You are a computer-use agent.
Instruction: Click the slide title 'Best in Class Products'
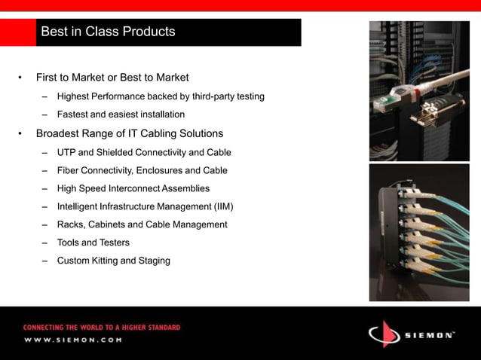pos(108,32)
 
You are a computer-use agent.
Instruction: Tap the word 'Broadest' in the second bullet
pos(60,134)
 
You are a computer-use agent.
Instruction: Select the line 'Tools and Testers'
pos(93,243)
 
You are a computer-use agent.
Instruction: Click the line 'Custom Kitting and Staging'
pos(114,261)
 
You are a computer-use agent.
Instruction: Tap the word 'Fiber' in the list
pos(69,170)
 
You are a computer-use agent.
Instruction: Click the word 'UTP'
pos(67,152)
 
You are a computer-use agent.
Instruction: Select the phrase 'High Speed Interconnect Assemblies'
pos(133,188)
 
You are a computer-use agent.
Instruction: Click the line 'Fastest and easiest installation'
pos(121,115)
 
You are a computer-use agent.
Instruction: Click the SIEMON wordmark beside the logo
pos(428,334)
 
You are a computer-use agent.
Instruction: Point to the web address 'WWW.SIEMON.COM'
pos(72,340)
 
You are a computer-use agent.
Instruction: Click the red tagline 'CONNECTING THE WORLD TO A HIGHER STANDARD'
pos(102,328)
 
